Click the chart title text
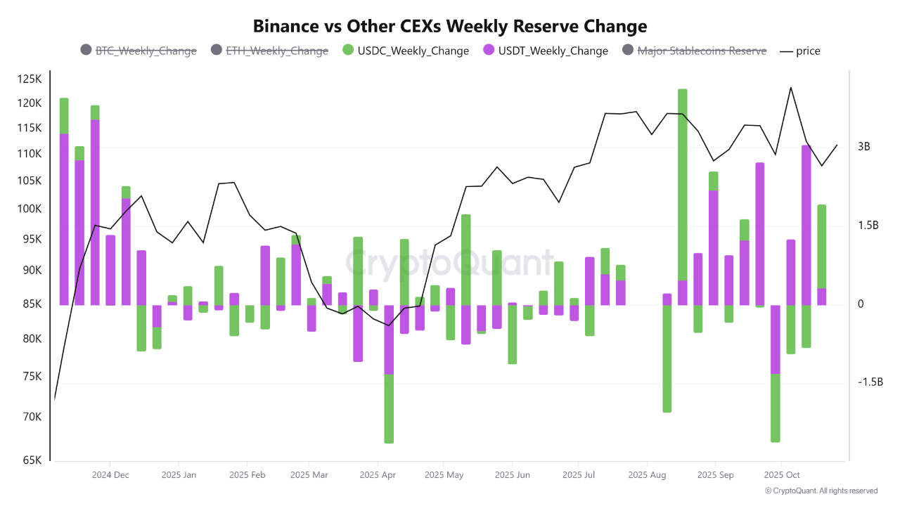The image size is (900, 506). coord(450,26)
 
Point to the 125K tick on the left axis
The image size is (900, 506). coord(30,79)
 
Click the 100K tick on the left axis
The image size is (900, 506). coord(30,209)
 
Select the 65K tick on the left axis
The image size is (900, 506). coord(32,460)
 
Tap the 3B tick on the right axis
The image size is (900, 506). coord(864,147)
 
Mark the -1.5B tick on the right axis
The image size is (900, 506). coord(870,382)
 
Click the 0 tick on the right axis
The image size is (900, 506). coord(861,304)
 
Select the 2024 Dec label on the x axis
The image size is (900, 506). coord(110,475)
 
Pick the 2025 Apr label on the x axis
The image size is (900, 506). coord(378,475)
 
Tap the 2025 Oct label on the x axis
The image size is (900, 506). coord(782,475)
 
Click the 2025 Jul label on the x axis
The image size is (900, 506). coord(578,475)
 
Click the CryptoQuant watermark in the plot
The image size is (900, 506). coord(449,263)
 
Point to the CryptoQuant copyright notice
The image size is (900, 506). coord(821,491)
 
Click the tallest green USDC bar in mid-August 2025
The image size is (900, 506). coord(682,184)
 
